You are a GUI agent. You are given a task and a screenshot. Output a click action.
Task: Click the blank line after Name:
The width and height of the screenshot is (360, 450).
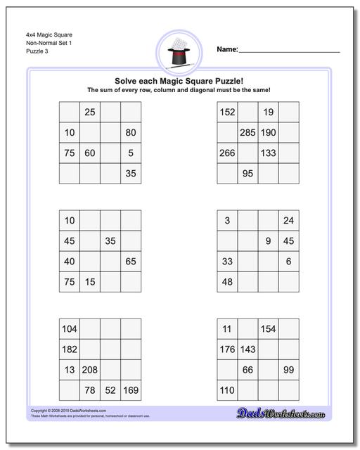point(289,51)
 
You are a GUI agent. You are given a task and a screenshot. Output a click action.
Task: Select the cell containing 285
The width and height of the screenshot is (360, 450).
point(247,132)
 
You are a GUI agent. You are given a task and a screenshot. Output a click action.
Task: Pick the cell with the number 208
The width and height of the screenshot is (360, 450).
point(90,370)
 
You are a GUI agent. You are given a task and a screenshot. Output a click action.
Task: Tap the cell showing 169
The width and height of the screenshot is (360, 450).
point(131,390)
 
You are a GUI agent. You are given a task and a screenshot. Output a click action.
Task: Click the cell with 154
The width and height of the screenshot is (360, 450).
point(268,329)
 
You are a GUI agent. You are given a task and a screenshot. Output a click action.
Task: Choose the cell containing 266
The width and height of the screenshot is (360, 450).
point(227,153)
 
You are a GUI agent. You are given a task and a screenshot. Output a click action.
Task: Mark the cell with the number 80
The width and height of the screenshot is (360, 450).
point(131,132)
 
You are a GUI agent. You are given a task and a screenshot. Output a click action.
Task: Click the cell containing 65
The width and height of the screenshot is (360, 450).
point(131,262)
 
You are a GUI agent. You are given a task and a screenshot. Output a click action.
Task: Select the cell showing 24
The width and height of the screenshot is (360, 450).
point(288,221)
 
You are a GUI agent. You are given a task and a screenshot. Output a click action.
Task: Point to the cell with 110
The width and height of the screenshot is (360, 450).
point(227,390)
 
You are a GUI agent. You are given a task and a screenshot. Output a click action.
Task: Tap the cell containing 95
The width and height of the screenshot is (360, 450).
point(247,173)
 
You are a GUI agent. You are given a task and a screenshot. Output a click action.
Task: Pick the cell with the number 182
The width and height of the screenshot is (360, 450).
point(70,349)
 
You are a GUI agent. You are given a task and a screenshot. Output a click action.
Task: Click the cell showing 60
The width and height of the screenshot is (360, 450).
point(90,153)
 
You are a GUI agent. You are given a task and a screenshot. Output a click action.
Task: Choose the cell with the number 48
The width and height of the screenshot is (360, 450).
point(227,282)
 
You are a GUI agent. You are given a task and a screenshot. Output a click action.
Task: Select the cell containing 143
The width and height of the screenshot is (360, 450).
point(247,349)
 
